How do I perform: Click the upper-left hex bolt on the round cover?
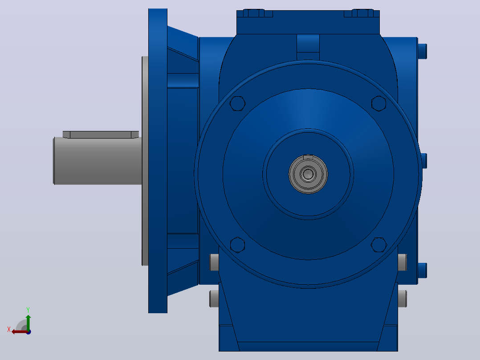(238, 103)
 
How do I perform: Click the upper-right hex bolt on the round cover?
(378, 103)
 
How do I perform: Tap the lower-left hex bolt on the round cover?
(238, 245)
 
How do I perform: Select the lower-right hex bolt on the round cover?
(378, 245)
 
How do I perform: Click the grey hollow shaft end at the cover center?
(308, 174)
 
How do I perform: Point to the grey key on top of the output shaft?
(101, 135)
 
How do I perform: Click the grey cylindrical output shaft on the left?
(98, 161)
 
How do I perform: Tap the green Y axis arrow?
(28, 322)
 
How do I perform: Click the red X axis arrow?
(20, 332)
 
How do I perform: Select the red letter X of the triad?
(9, 329)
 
